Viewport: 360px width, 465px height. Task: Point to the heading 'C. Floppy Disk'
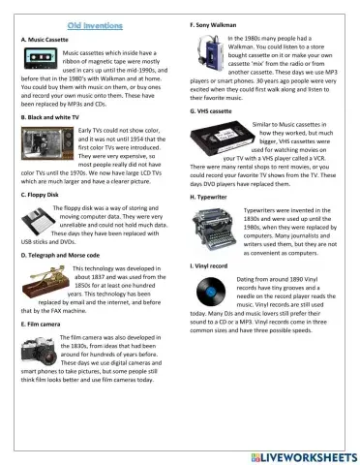pos(39,196)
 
